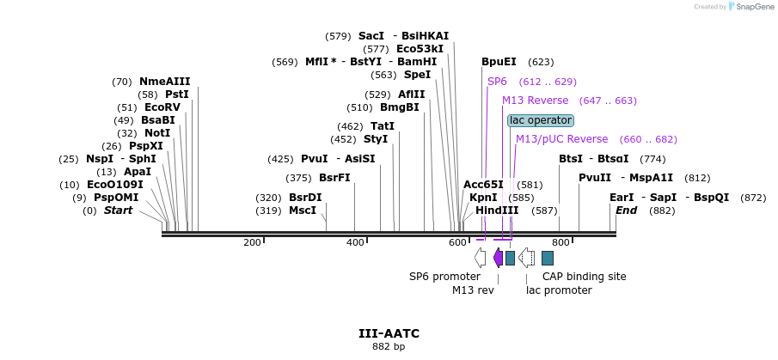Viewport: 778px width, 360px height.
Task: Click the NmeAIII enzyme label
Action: pyautogui.click(x=164, y=82)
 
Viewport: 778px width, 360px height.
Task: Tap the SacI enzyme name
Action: pyautogui.click(x=371, y=36)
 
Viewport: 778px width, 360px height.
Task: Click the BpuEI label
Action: pyautogui.click(x=499, y=62)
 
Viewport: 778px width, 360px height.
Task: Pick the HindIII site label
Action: pyautogui.click(x=497, y=211)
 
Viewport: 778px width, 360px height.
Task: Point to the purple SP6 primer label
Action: pyautogui.click(x=497, y=82)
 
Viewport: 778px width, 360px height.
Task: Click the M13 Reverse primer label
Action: pyautogui.click(x=535, y=101)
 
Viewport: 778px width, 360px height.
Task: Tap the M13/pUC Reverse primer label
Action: pyautogui.click(x=561, y=139)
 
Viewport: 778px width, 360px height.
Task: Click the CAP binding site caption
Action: pyautogui.click(x=584, y=277)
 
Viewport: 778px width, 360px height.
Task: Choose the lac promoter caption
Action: pyautogui.click(x=559, y=290)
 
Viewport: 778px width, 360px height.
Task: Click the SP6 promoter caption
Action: pyautogui.click(x=444, y=277)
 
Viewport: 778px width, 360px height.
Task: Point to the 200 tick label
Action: pyautogui.click(x=252, y=243)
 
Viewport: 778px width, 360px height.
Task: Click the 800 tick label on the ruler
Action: pyautogui.click(x=561, y=243)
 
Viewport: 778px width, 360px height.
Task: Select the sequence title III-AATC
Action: pyautogui.click(x=389, y=333)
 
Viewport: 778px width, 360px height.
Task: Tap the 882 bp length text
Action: pyautogui.click(x=389, y=347)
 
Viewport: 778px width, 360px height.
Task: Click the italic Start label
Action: pyautogui.click(x=119, y=211)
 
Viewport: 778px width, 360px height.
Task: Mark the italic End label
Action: pyautogui.click(x=626, y=211)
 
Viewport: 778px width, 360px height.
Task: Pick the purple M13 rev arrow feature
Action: pyautogui.click(x=498, y=258)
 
